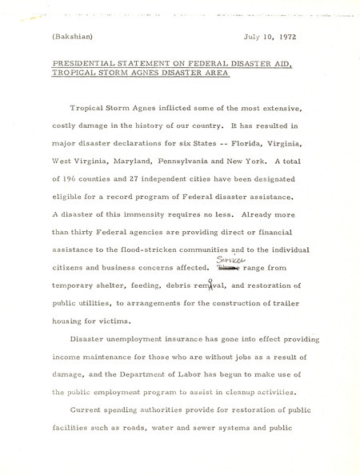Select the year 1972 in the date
[x=287, y=36]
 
